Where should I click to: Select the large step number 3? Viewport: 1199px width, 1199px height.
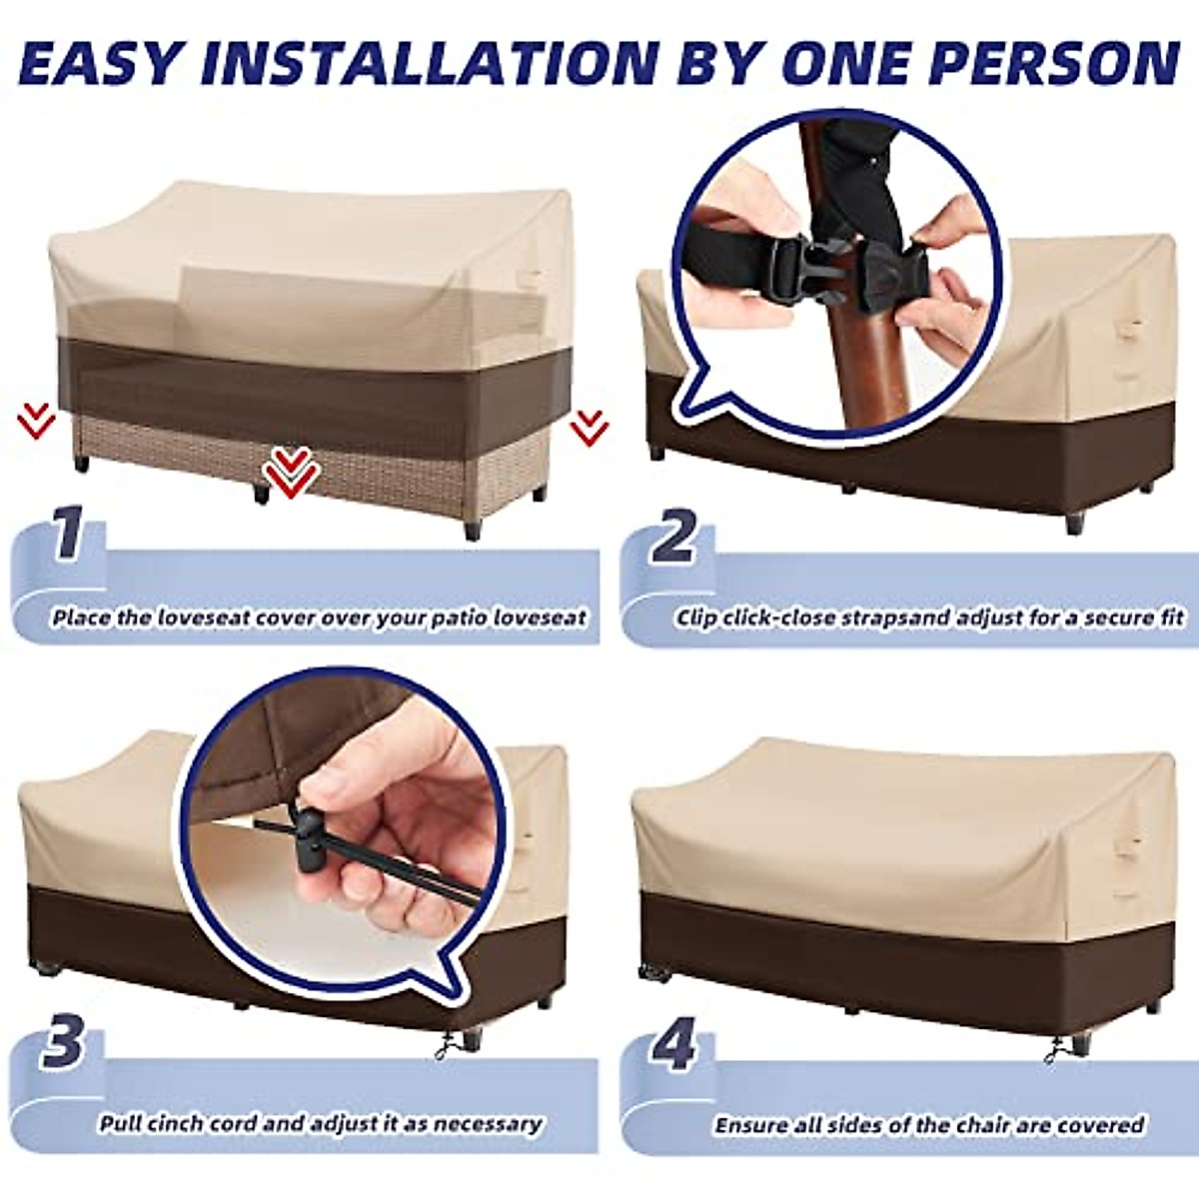point(64,1042)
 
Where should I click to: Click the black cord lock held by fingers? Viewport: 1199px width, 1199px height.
point(311,828)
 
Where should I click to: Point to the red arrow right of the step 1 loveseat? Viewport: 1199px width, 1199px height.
point(590,428)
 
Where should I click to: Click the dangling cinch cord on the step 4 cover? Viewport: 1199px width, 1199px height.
point(1055,1048)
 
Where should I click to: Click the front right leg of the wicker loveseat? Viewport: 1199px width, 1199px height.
point(473,526)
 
